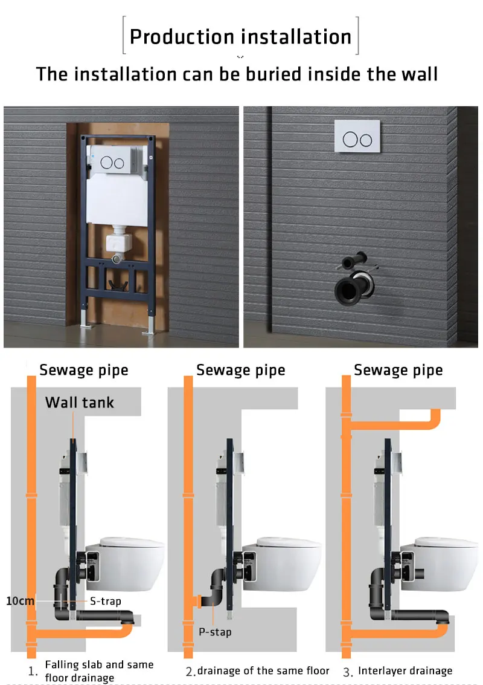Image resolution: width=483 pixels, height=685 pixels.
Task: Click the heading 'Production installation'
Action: pos(240,36)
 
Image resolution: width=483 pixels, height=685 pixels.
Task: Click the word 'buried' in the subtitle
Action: pos(269,74)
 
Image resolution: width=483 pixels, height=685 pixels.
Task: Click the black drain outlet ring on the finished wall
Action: pos(349,287)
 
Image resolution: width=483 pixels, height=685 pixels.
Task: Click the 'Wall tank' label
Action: pos(79,403)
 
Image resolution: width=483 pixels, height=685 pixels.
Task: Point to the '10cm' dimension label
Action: pos(20,601)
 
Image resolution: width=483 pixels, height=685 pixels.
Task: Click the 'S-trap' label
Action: pos(106,601)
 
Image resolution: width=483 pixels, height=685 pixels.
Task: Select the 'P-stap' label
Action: pos(215,632)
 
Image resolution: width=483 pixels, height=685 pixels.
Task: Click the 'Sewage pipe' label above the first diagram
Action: pos(84,370)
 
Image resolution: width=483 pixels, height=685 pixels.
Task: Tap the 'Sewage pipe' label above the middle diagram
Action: pos(240,370)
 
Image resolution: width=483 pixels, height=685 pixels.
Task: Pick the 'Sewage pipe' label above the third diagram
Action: pos(398,370)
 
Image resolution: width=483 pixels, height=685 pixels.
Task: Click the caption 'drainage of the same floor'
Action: pos(263,670)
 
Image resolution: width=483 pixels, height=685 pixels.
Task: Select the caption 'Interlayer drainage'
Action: pos(405,670)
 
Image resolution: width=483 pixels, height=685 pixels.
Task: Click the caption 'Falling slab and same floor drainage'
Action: pos(99,671)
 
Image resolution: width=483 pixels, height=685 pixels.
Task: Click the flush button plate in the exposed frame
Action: pos(115,162)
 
